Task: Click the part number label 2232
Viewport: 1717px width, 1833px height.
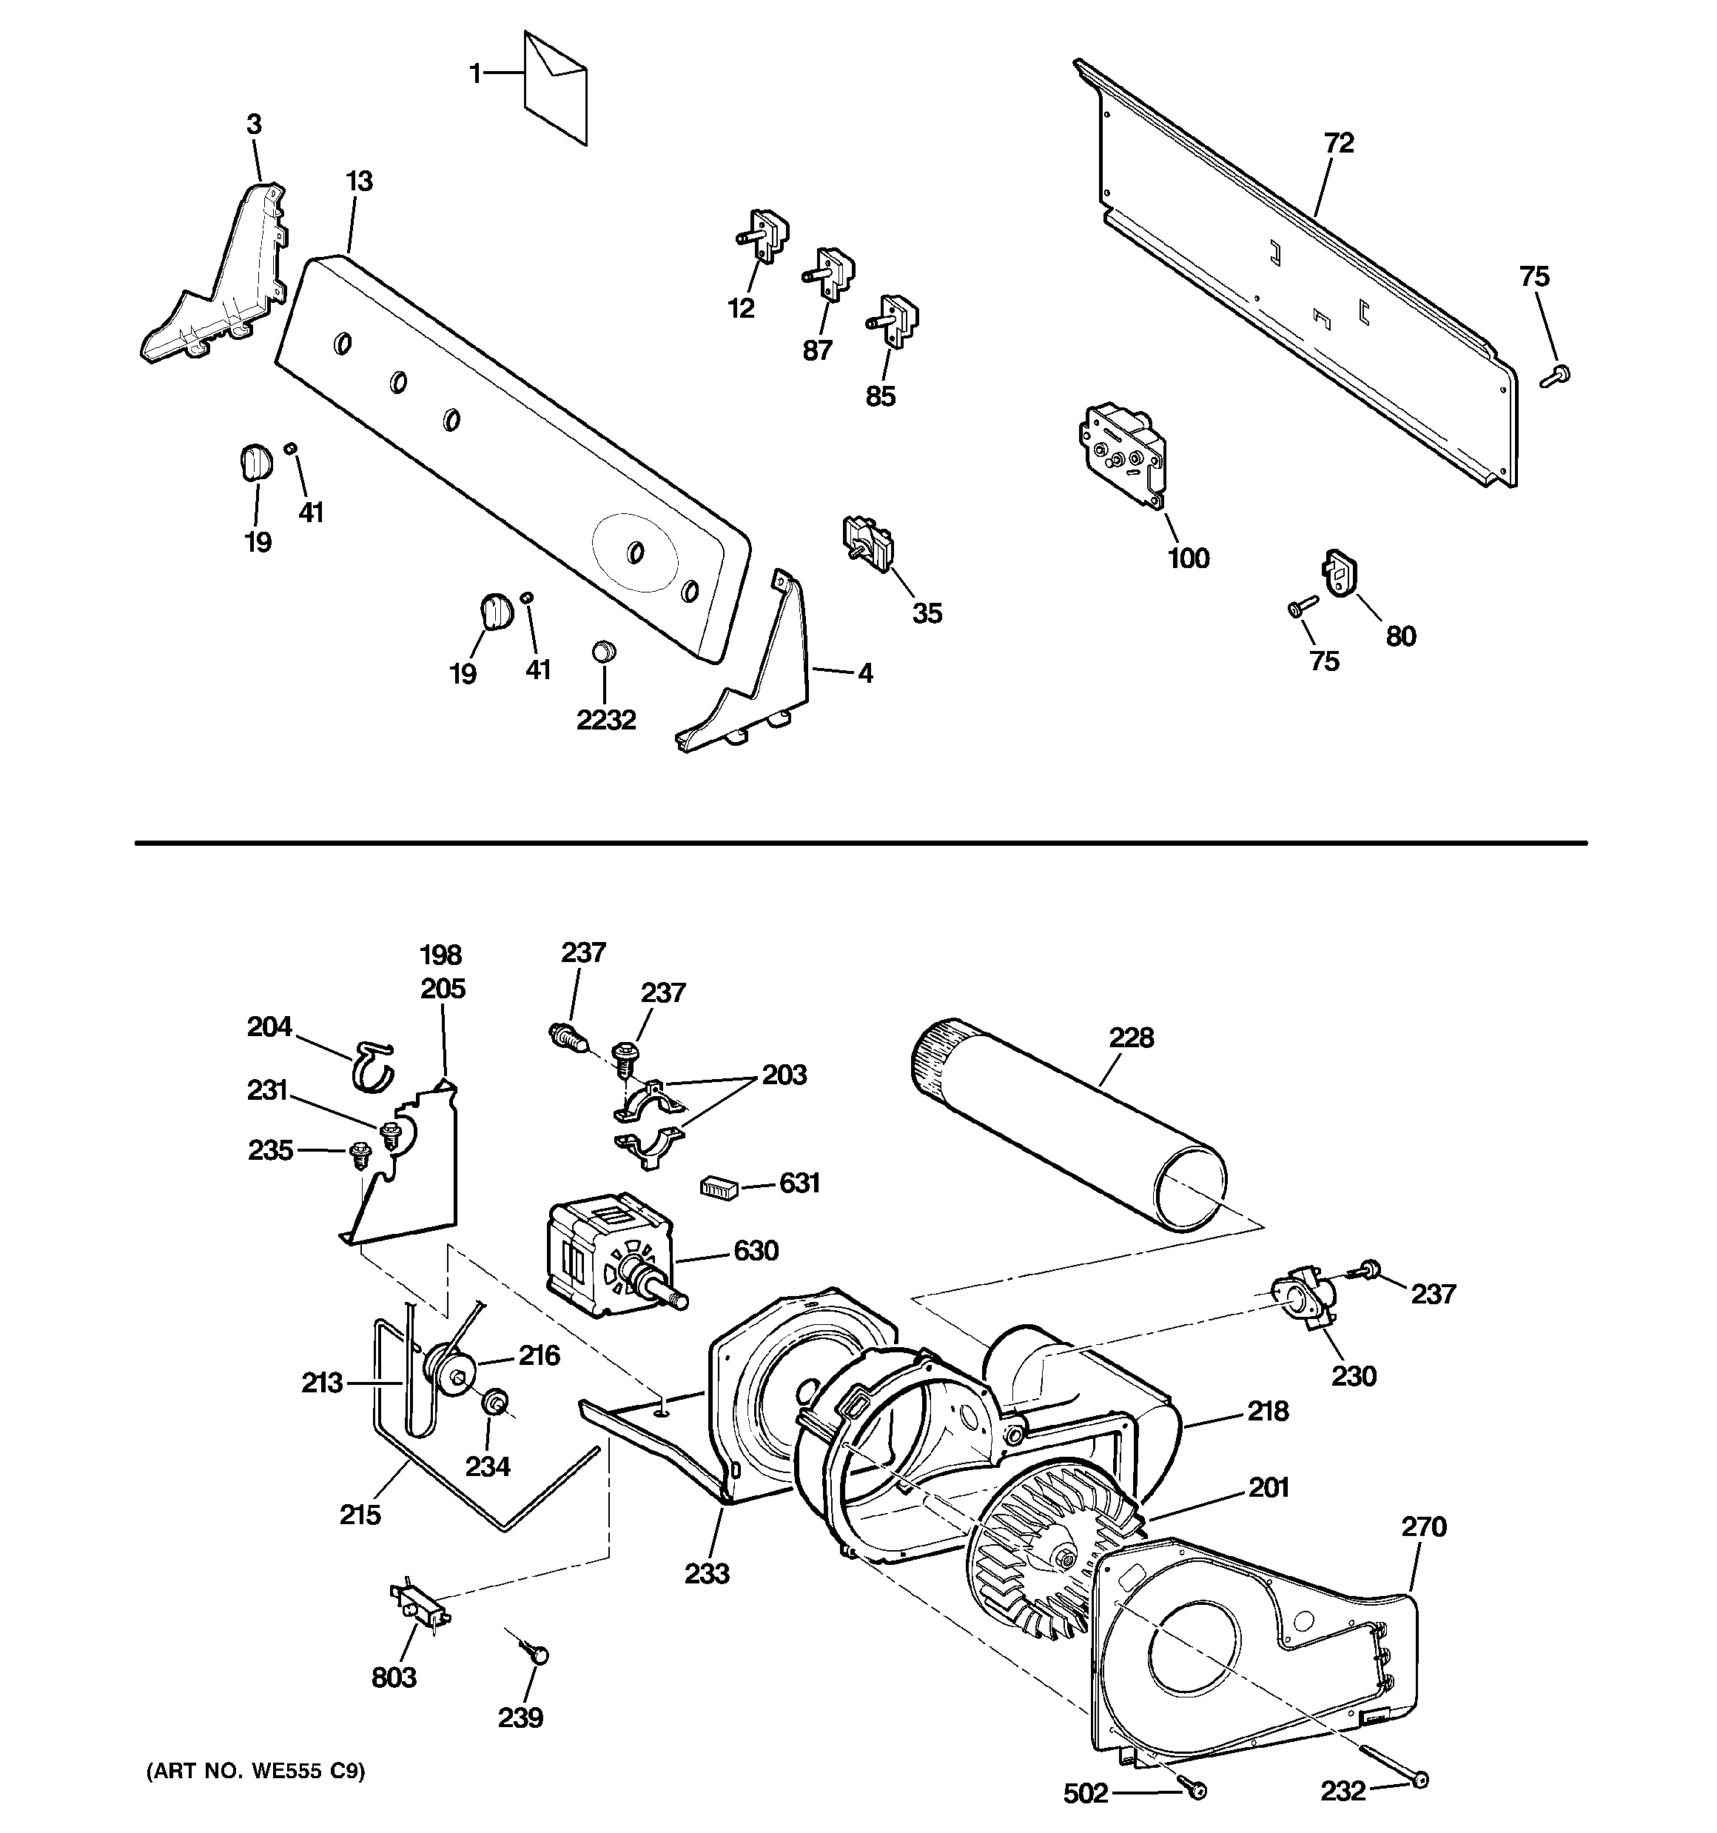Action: coord(606,720)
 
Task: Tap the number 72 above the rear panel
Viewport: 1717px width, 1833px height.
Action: coord(1339,143)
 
